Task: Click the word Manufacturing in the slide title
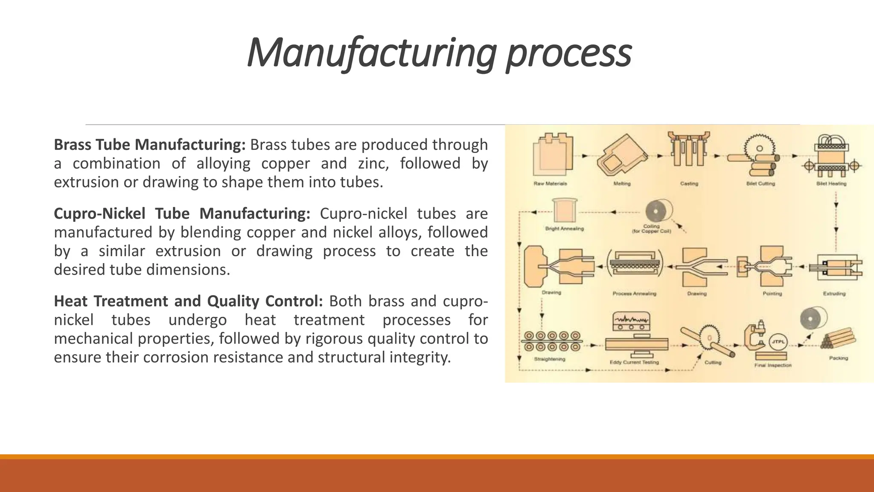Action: click(x=371, y=53)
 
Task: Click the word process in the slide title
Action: click(x=568, y=53)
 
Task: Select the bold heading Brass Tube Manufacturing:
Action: click(x=149, y=145)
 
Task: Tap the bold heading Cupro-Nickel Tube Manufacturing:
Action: click(x=182, y=214)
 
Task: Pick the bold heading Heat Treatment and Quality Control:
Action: click(x=188, y=301)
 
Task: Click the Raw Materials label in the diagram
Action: click(x=550, y=184)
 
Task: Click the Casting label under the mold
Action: click(x=689, y=184)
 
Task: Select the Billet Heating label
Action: click(x=831, y=184)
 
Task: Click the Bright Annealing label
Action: click(x=564, y=229)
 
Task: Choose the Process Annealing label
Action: click(x=634, y=294)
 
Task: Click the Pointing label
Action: click(x=772, y=294)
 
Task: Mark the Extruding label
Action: click(x=834, y=294)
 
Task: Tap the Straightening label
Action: click(x=550, y=359)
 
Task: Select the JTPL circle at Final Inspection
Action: click(x=777, y=342)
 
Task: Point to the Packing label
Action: click(x=838, y=358)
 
